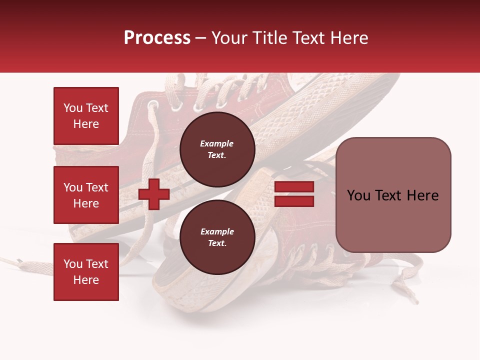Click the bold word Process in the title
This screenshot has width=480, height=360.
point(157,38)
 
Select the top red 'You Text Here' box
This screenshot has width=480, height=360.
point(86,116)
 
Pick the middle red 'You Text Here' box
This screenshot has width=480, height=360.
point(86,195)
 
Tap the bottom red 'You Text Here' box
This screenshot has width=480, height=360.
point(86,271)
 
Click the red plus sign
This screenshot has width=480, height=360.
point(154,194)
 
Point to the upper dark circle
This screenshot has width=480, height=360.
point(217,149)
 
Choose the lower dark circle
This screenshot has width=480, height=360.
point(217,237)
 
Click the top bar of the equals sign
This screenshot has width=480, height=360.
point(294,187)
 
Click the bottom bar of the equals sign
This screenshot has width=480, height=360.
point(294,201)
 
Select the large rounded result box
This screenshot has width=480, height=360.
point(393,194)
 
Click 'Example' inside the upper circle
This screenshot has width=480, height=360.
point(217,143)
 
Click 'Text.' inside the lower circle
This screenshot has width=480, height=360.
point(217,243)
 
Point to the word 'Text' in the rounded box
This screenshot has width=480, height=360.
point(392,195)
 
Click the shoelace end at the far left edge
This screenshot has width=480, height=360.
point(10,260)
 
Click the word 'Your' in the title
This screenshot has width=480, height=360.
point(229,38)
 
